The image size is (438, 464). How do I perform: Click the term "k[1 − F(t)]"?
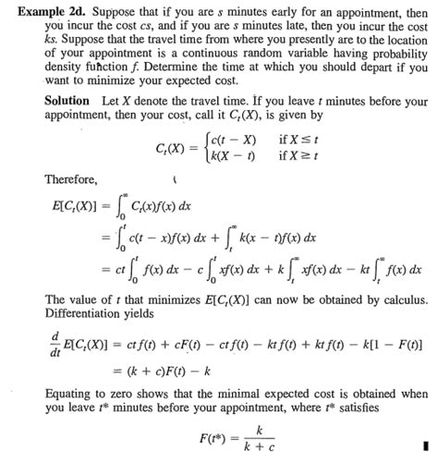(x=392, y=343)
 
